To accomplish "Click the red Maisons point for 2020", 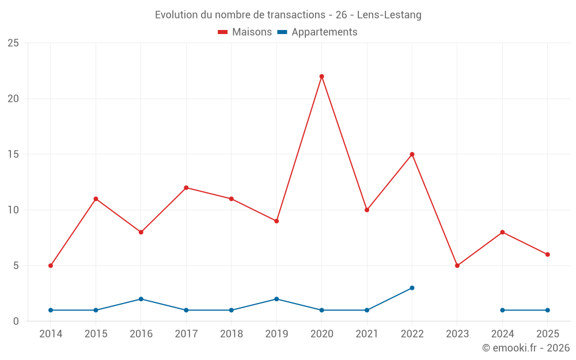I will coord(321,76).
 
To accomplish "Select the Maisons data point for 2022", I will coord(412,154).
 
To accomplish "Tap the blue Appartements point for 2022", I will coord(412,288).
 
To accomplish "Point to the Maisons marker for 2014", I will coord(51,266).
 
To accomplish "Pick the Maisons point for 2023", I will coord(457,266).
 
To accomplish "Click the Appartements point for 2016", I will coord(141,299).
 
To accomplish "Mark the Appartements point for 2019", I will coord(276,299).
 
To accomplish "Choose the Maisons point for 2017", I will coord(186,188).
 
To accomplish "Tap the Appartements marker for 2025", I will coord(547,310).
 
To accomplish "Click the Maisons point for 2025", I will coord(547,255).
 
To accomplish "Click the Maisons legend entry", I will coord(245,32).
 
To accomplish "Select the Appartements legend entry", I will coord(317,32).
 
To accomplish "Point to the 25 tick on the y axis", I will coord(13,43).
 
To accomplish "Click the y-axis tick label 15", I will coord(13,154).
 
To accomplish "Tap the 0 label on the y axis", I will coord(16,321).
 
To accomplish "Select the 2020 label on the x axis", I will coord(321,334).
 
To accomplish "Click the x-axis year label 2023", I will coord(457,334).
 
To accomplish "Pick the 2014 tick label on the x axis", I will coord(51,334).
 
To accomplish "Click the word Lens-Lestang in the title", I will coord(390,15).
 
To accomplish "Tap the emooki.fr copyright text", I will coord(526,348).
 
